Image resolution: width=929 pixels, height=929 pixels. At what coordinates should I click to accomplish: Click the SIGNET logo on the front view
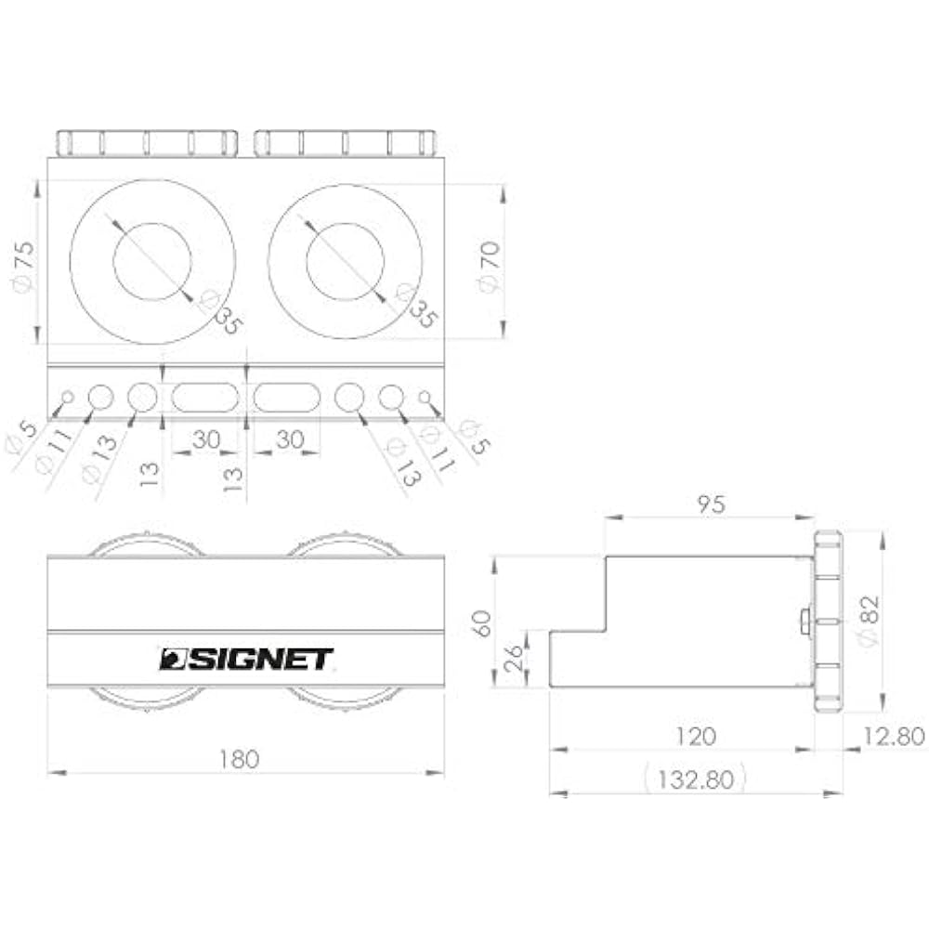[246, 659]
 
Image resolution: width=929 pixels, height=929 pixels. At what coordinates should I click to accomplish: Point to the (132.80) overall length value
[696, 779]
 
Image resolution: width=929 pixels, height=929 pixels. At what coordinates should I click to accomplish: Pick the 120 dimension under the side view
[696, 737]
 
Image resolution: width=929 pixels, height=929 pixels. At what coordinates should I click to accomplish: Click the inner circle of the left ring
[152, 262]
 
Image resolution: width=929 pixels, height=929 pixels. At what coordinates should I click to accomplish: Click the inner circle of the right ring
[345, 262]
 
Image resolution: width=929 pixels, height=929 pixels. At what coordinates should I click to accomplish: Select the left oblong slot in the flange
[204, 398]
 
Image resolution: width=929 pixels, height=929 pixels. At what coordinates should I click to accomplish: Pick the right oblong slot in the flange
[288, 398]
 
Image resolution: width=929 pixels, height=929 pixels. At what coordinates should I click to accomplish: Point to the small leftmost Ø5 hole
[66, 398]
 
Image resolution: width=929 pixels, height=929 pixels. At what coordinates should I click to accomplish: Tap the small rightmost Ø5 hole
[425, 398]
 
